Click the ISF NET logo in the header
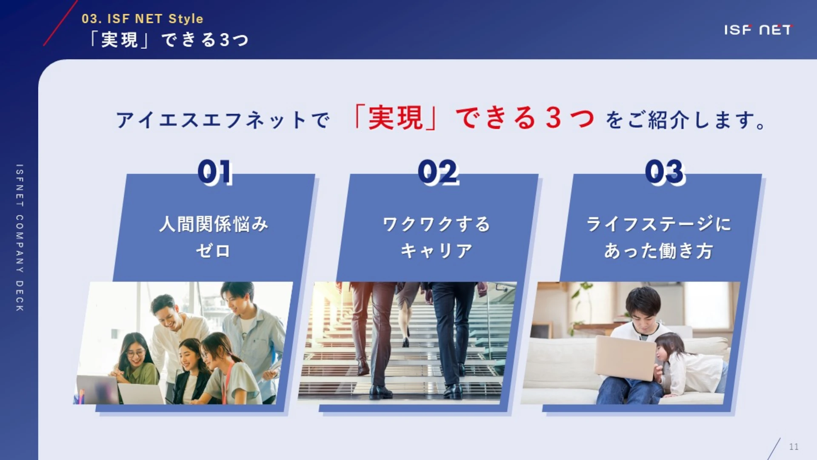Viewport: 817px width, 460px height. (758, 30)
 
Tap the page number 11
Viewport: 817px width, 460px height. (794, 447)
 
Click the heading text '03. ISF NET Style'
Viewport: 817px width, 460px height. (142, 19)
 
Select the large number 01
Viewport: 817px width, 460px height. (215, 172)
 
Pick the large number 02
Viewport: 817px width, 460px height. (438, 172)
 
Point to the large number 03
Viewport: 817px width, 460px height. (665, 172)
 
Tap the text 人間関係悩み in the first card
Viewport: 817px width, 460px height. (214, 224)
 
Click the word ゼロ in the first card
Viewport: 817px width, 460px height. (213, 251)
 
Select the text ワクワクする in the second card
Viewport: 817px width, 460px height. (437, 224)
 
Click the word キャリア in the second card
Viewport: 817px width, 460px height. (437, 251)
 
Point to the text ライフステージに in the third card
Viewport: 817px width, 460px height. (659, 224)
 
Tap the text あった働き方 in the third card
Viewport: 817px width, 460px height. (659, 251)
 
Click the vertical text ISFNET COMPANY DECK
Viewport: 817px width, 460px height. (20, 238)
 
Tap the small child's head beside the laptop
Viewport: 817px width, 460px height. (669, 347)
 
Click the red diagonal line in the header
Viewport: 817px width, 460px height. (60, 23)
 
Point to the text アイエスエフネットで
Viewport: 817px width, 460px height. (223, 120)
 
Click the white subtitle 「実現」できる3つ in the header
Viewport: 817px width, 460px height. (169, 40)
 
